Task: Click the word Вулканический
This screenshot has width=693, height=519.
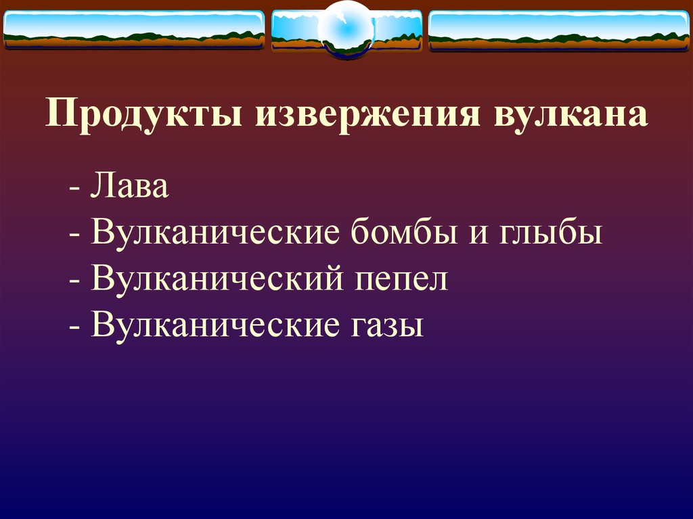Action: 216,279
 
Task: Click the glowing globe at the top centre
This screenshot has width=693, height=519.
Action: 346,28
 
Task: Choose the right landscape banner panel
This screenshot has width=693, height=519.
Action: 559,29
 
